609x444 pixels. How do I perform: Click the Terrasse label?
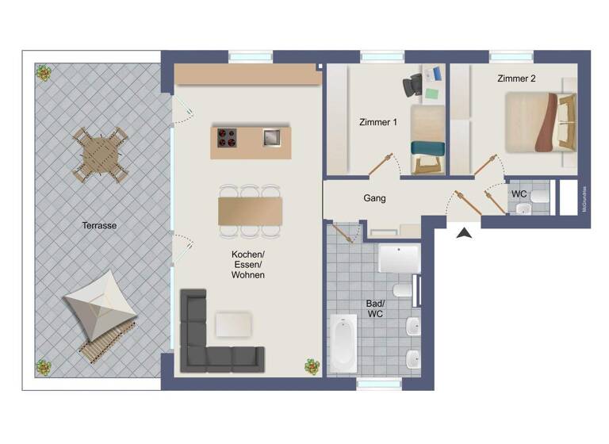click(99, 225)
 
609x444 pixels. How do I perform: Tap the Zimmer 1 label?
click(377, 122)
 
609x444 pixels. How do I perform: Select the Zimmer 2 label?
click(516, 78)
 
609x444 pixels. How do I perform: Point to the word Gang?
click(374, 198)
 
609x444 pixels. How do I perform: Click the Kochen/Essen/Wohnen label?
click(247, 264)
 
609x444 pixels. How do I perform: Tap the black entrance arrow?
click(464, 232)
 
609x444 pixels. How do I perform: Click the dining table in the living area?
click(250, 211)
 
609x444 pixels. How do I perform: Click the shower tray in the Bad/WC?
click(399, 258)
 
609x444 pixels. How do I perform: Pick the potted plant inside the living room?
click(312, 366)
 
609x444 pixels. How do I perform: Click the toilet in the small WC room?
click(524, 209)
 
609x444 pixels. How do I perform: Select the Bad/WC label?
click(375, 308)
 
